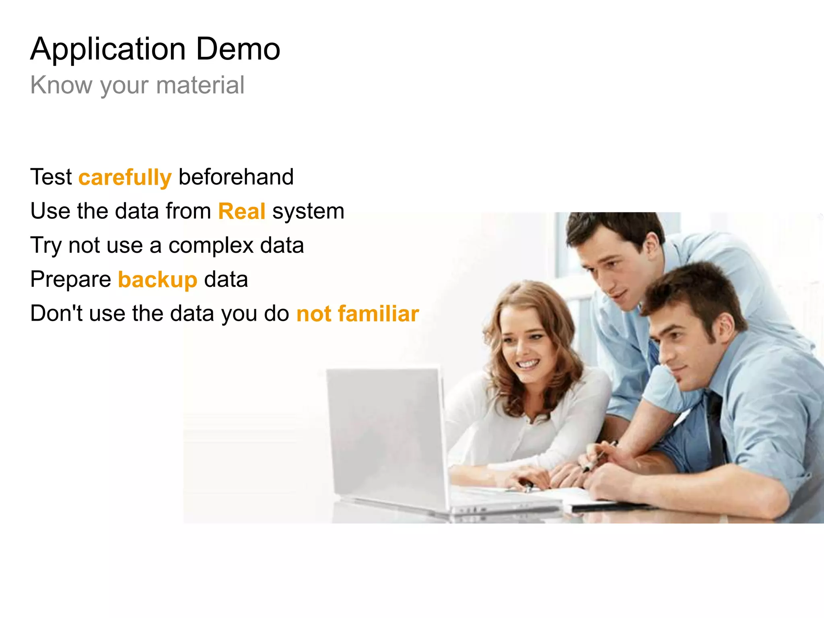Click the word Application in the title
click(108, 49)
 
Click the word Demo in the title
click(238, 49)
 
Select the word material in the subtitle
click(200, 85)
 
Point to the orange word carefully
click(125, 177)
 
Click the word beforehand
click(236, 177)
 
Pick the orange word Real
click(241, 211)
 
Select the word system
click(308, 211)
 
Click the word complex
click(211, 245)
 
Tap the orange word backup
click(157, 280)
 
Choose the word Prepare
click(71, 280)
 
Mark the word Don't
click(56, 313)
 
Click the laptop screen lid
click(386, 435)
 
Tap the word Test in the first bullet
click(51, 177)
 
